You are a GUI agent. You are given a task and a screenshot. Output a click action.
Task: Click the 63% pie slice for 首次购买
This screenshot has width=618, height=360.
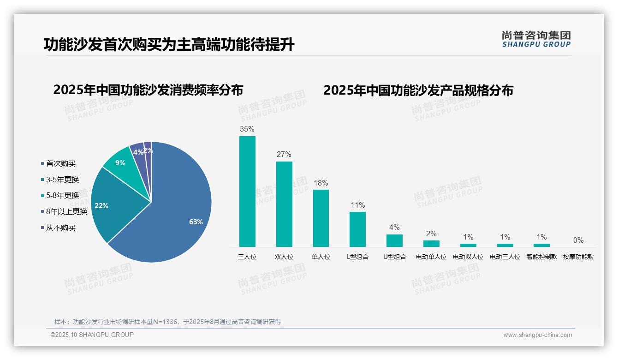coord(180,217)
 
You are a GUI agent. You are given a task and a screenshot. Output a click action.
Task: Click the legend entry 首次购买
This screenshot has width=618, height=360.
coord(60,163)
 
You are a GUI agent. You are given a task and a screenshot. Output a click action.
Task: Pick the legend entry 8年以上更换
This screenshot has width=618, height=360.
coord(66,212)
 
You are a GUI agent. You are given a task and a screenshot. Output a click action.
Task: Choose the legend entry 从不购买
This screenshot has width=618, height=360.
coord(60,228)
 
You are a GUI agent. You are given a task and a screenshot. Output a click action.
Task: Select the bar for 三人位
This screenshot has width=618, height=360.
coord(247,192)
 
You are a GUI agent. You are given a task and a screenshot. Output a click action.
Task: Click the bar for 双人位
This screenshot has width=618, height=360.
coord(284,204)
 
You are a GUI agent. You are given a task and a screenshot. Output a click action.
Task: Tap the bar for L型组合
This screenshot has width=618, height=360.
coord(357,229)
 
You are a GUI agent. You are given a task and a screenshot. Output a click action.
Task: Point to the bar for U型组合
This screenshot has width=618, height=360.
coord(394,240)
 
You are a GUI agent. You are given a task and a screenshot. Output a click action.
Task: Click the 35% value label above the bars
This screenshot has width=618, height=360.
coord(247,129)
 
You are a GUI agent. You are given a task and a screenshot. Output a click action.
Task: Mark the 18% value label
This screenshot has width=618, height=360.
coord(321,183)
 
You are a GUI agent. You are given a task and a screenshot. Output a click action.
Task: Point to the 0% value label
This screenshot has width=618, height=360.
coord(578,240)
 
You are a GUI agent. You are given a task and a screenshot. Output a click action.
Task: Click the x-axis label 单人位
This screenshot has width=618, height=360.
coord(321,257)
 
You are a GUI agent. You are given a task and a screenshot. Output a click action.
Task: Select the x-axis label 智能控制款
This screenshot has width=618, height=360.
coord(542,257)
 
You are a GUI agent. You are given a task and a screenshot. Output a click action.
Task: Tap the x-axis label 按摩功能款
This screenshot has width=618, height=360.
coord(578,257)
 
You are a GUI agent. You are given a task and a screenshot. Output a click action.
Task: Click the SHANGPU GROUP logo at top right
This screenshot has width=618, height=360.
coord(536,39)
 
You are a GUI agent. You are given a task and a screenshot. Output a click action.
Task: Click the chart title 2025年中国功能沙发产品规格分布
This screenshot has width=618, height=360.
coord(418,90)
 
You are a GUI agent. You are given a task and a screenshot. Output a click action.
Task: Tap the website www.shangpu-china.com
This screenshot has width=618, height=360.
coord(537,335)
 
